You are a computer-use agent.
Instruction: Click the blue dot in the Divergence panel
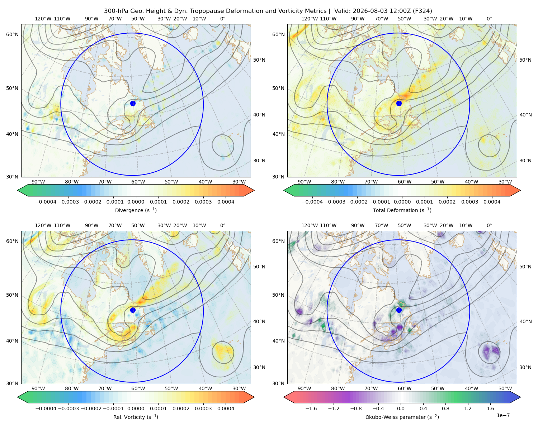(133, 103)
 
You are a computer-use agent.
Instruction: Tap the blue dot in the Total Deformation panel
(399, 103)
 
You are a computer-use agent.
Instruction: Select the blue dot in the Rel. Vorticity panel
(133, 310)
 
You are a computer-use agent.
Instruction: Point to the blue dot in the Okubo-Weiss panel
(399, 310)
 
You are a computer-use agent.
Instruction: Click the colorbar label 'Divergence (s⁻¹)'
(136, 210)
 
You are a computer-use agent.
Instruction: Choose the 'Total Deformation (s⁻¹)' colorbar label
(402, 210)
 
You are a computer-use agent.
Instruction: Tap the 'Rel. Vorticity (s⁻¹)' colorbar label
(136, 417)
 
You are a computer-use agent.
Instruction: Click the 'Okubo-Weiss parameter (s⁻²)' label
(402, 417)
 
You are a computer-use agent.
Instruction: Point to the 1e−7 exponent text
(503, 415)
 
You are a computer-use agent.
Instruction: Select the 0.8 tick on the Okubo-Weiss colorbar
(445, 408)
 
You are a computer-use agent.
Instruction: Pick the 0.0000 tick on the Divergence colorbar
(136, 202)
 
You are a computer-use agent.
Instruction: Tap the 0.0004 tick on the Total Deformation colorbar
(492, 202)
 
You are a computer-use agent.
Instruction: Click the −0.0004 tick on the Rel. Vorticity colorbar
(46, 408)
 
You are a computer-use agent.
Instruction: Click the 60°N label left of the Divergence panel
(12, 34)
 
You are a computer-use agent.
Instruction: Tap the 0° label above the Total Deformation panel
(489, 19)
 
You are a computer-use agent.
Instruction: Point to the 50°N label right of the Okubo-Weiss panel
(525, 267)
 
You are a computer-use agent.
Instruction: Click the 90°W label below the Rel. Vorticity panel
(38, 388)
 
